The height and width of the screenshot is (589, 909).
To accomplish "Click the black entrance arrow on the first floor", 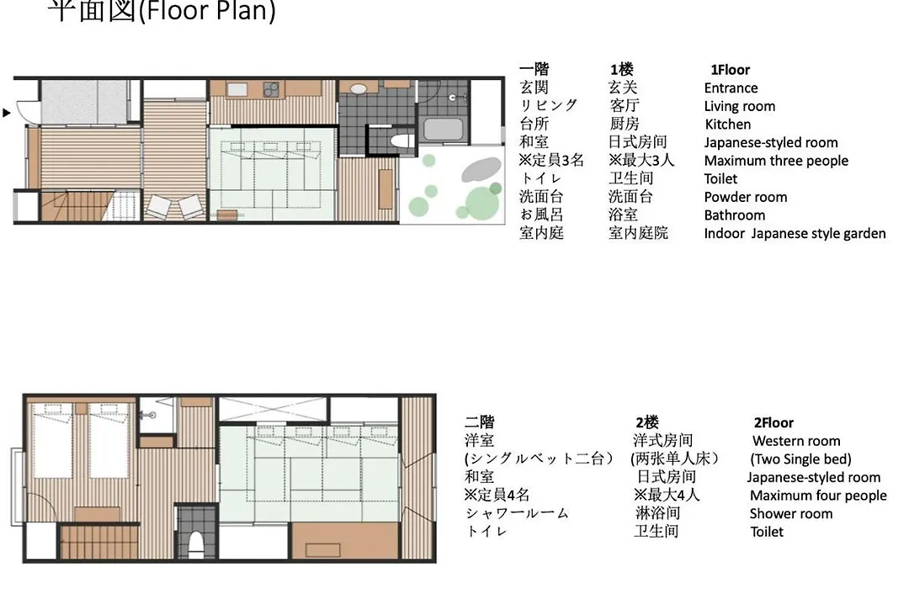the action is click(x=7, y=113).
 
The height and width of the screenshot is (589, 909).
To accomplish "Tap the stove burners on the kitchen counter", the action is click(x=271, y=90).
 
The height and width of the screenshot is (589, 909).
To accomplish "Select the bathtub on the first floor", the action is click(x=443, y=129).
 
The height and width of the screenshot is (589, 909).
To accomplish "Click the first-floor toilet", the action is click(x=400, y=141).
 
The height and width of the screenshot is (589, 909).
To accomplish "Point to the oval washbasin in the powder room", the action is click(x=359, y=89).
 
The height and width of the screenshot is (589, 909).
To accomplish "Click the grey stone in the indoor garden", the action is click(x=481, y=170).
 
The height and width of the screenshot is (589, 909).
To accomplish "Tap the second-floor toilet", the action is click(x=196, y=544).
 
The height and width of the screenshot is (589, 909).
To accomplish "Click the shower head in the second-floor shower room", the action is click(x=149, y=415).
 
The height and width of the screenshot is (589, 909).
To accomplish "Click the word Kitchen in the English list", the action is click(x=727, y=124).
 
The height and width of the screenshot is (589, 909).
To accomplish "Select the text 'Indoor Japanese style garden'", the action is click(x=795, y=234).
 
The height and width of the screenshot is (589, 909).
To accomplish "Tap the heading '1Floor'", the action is click(x=730, y=70).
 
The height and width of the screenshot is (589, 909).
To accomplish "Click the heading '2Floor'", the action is click(x=773, y=422).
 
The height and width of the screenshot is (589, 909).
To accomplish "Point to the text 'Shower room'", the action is click(x=790, y=513).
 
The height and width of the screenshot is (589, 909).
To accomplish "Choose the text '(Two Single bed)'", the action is click(x=800, y=459).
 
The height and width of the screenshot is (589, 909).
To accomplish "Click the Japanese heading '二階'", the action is click(x=480, y=422).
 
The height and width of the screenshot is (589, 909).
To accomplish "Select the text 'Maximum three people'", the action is click(x=776, y=161).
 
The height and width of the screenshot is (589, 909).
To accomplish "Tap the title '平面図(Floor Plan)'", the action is click(x=161, y=10).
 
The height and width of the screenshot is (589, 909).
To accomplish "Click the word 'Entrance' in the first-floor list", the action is click(x=731, y=88).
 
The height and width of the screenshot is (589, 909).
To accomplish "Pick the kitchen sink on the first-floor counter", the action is click(x=237, y=89).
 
